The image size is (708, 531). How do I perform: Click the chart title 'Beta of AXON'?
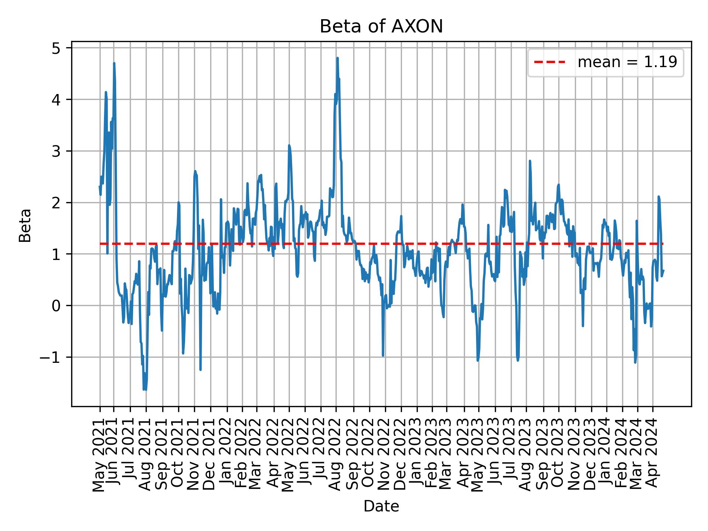[x=381, y=27]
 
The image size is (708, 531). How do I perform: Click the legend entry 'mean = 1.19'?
[x=627, y=62]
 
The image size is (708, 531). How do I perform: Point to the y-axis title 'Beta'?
[x=25, y=225]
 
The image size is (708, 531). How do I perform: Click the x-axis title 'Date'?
[x=381, y=506]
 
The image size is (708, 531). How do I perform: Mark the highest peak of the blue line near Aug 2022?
[x=337, y=58]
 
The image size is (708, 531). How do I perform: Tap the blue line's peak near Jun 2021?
[x=114, y=63]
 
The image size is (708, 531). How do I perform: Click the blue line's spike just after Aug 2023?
[x=530, y=161]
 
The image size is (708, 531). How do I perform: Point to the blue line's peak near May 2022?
[x=289, y=146]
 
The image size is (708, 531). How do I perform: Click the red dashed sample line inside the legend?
[x=549, y=62]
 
